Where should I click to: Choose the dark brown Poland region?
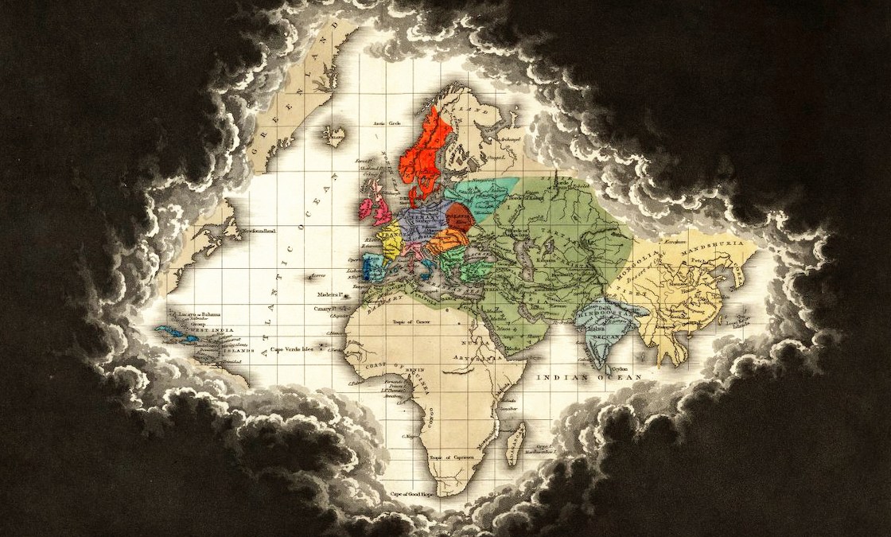pyautogui.click(x=460, y=216)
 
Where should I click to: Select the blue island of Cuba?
pyautogui.click(x=172, y=331)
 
